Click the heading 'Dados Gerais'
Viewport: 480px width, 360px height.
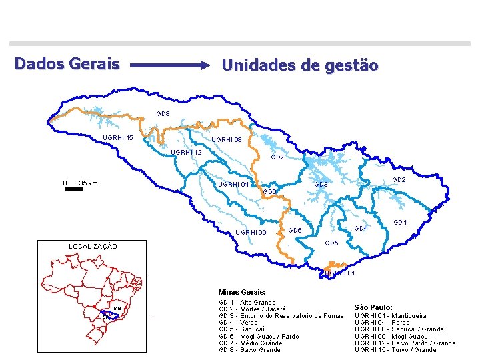[67, 64]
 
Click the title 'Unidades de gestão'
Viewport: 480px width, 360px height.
[300, 65]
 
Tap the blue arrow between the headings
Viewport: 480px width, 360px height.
[170, 65]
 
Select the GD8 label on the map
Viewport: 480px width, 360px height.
[163, 114]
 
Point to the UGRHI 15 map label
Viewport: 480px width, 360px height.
[117, 138]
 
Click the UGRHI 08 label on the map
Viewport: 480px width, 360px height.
[226, 140]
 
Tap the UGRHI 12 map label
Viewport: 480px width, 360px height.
[186, 153]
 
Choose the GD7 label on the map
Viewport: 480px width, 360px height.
[277, 157]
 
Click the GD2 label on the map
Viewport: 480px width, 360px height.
[399, 180]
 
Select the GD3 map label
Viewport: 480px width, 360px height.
[321, 184]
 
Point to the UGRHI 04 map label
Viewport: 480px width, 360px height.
[233, 185]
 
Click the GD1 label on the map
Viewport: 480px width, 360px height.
[400, 222]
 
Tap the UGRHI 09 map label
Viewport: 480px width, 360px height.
[251, 233]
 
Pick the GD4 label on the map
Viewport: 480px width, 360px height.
[361, 229]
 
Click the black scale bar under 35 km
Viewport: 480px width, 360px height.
[74, 189]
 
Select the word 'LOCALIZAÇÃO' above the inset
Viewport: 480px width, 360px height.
[93, 247]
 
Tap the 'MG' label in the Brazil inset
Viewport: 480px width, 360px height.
[117, 309]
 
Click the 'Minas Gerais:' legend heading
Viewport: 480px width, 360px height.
[242, 292]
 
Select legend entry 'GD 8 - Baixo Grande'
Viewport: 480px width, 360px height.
[250, 350]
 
